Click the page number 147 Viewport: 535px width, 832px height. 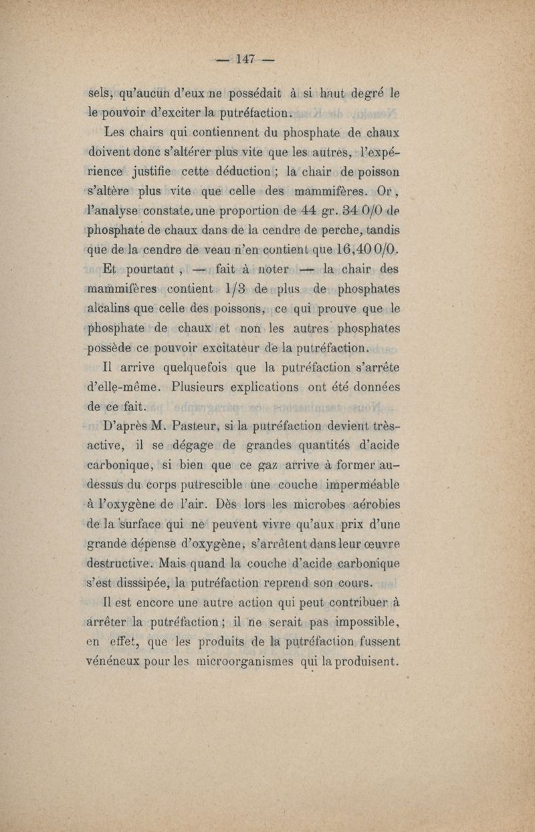click(x=245, y=59)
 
